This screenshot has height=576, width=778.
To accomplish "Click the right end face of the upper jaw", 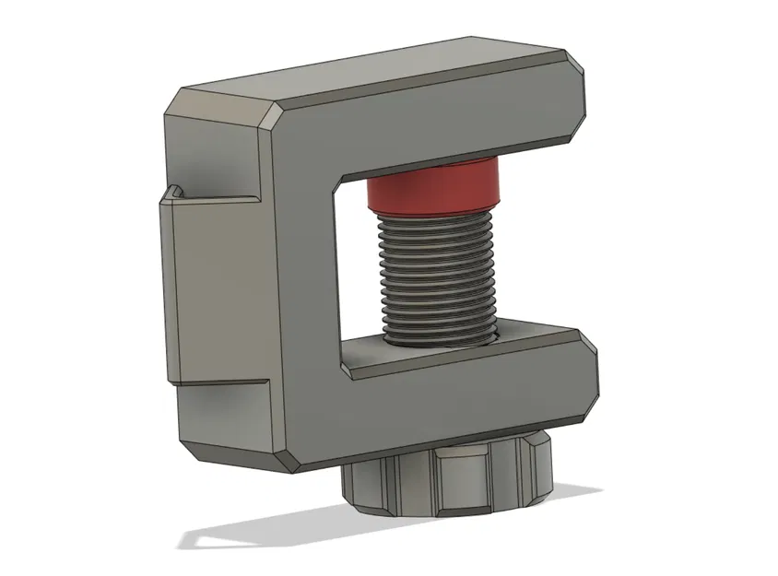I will click(580, 92).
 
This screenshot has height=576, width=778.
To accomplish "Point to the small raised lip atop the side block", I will click(172, 193).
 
